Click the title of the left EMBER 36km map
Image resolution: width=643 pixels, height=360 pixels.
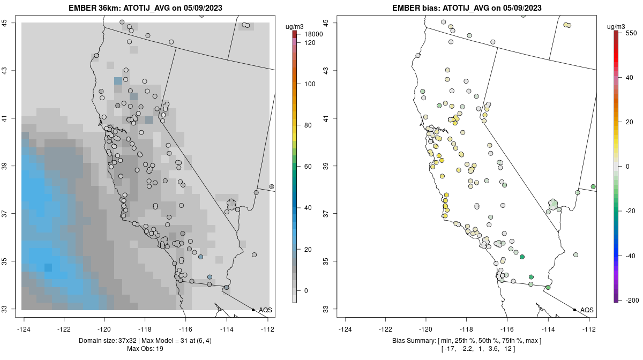146,8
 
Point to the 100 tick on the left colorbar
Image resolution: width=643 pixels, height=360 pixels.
309,84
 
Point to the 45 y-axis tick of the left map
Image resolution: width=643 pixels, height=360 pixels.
12,22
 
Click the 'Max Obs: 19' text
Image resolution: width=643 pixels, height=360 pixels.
145,349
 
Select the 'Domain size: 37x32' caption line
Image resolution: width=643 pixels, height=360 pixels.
145,341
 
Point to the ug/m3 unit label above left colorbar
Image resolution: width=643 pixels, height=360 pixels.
296,25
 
